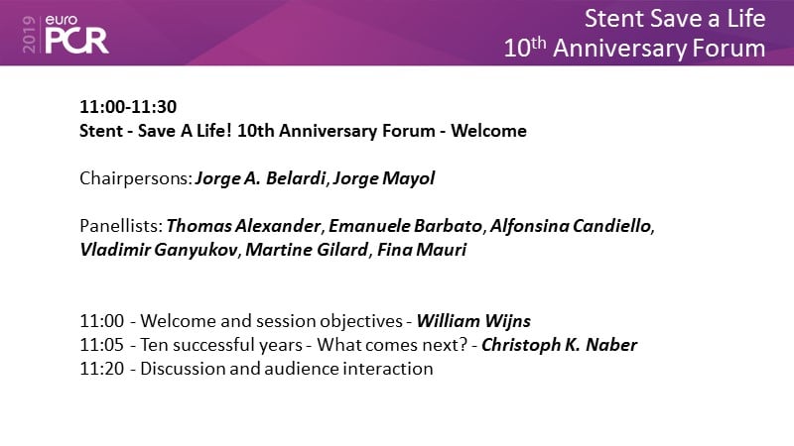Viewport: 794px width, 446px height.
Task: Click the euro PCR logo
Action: pyautogui.click(x=76, y=34)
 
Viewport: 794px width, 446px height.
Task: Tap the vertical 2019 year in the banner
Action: pyautogui.click(x=30, y=34)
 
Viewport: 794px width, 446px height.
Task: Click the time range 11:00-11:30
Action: pyautogui.click(x=128, y=107)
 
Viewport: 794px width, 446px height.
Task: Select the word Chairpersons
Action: pyautogui.click(x=136, y=178)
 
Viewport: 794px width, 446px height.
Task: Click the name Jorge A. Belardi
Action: pyautogui.click(x=260, y=178)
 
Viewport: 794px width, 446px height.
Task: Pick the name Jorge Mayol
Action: pyautogui.click(x=384, y=178)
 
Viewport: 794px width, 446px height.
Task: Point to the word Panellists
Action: pyautogui.click(x=121, y=226)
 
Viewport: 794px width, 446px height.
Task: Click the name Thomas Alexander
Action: pyautogui.click(x=243, y=226)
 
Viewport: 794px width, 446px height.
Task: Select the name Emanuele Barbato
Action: pyautogui.click(x=405, y=226)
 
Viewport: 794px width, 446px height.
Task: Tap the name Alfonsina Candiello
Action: pyautogui.click(x=570, y=226)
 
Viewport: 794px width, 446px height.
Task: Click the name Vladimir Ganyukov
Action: pyautogui.click(x=159, y=250)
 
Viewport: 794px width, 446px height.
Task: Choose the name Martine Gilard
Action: pyautogui.click(x=307, y=250)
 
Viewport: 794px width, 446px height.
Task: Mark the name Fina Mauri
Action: pyautogui.click(x=422, y=250)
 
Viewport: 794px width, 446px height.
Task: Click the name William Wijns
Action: pyautogui.click(x=473, y=321)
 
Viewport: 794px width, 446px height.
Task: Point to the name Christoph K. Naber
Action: pyautogui.click(x=559, y=345)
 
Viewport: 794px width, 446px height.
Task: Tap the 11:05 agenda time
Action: pyautogui.click(x=102, y=345)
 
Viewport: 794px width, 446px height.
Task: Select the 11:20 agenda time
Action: pyautogui.click(x=102, y=369)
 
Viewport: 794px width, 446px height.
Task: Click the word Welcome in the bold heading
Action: pyautogui.click(x=488, y=131)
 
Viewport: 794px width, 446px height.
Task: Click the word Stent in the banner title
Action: pyautogui.click(x=614, y=19)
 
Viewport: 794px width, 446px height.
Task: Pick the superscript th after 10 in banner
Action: pyautogui.click(x=538, y=42)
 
